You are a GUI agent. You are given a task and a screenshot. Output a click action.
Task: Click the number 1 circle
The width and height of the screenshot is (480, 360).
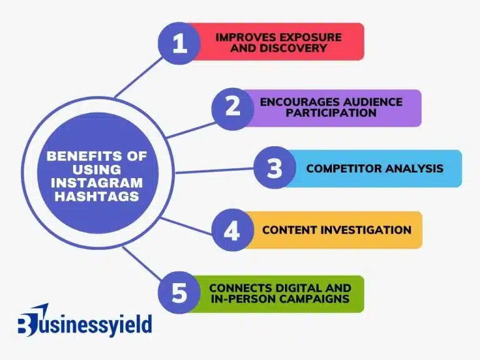(x=180, y=43)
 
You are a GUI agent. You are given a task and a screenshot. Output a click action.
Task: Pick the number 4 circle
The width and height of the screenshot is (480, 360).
(x=232, y=231)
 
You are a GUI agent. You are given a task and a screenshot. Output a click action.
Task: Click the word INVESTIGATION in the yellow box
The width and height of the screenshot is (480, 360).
(x=366, y=230)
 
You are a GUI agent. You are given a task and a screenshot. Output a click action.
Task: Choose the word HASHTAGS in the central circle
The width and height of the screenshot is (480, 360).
(x=95, y=196)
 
